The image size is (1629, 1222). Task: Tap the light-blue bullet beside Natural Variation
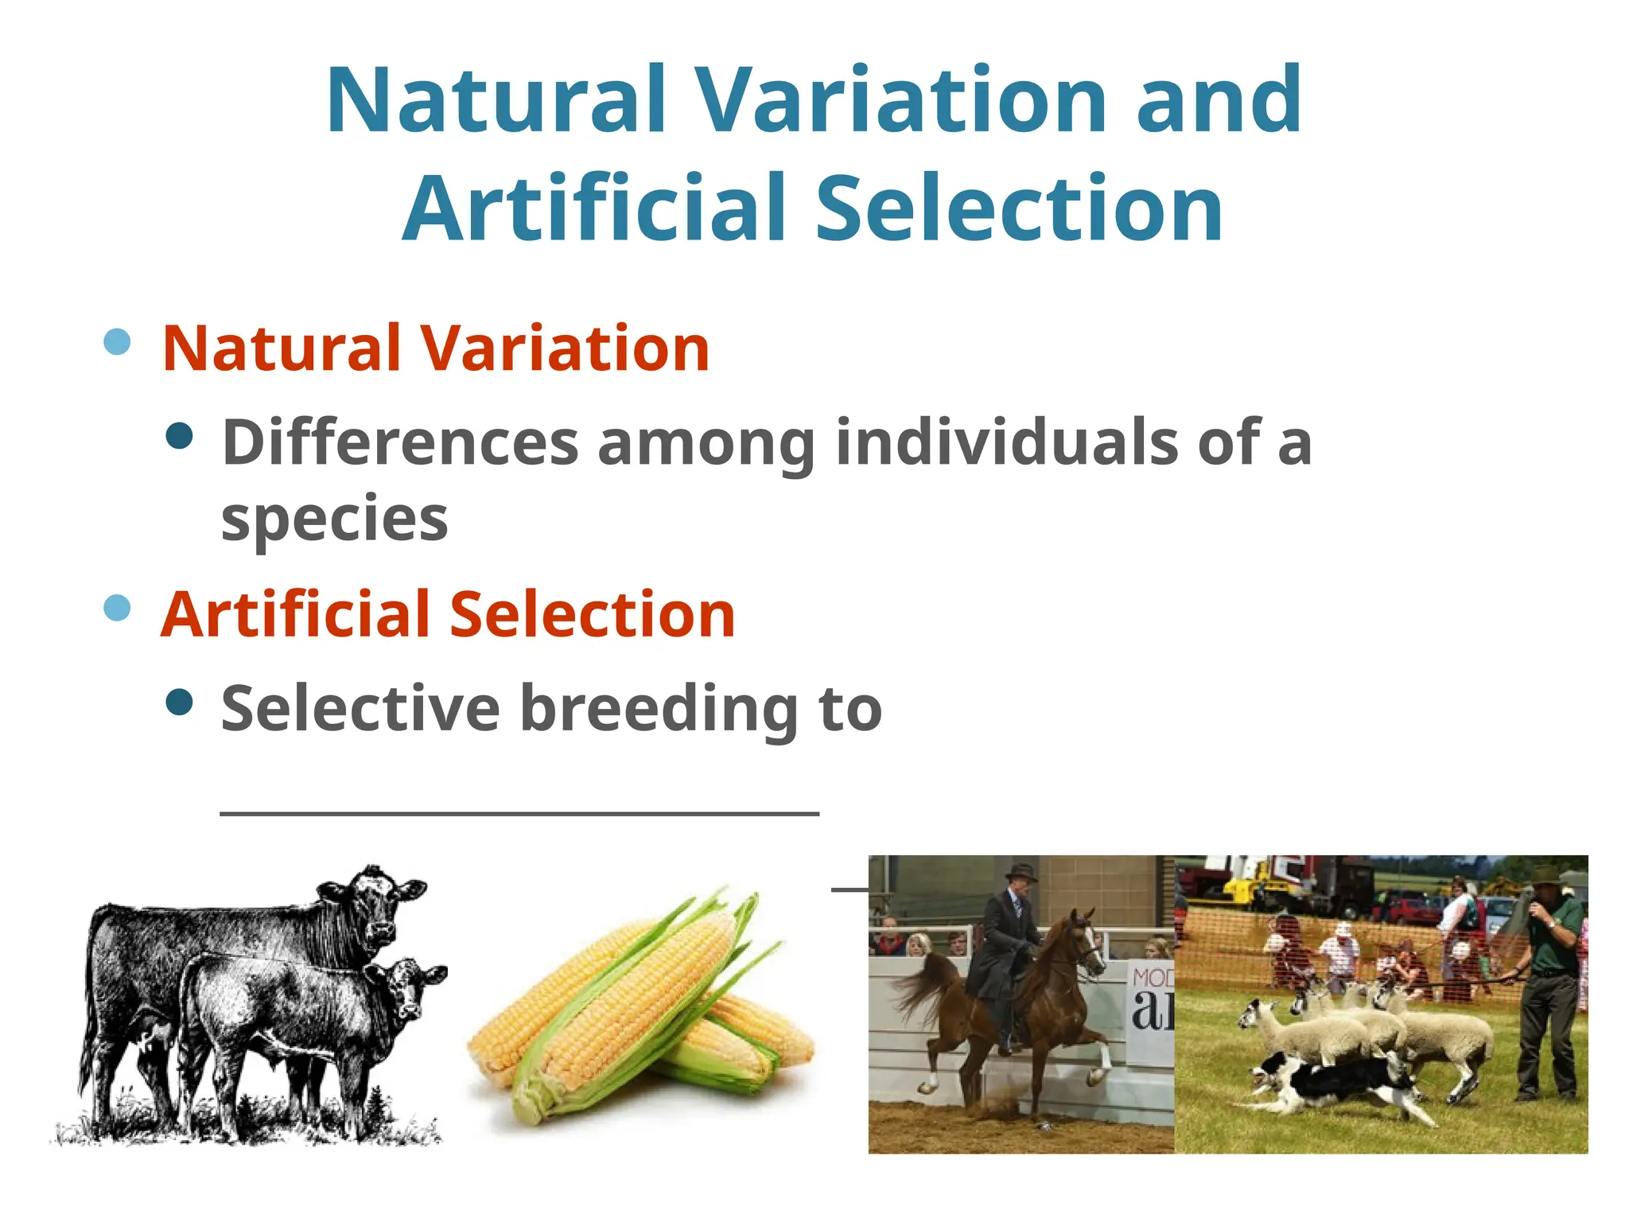(x=117, y=342)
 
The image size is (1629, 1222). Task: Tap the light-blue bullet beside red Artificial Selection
(x=117, y=609)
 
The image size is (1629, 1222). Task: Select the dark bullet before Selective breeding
(x=181, y=702)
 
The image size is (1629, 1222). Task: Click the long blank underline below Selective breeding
(x=519, y=813)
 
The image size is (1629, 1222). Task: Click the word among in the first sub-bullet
(x=706, y=442)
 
